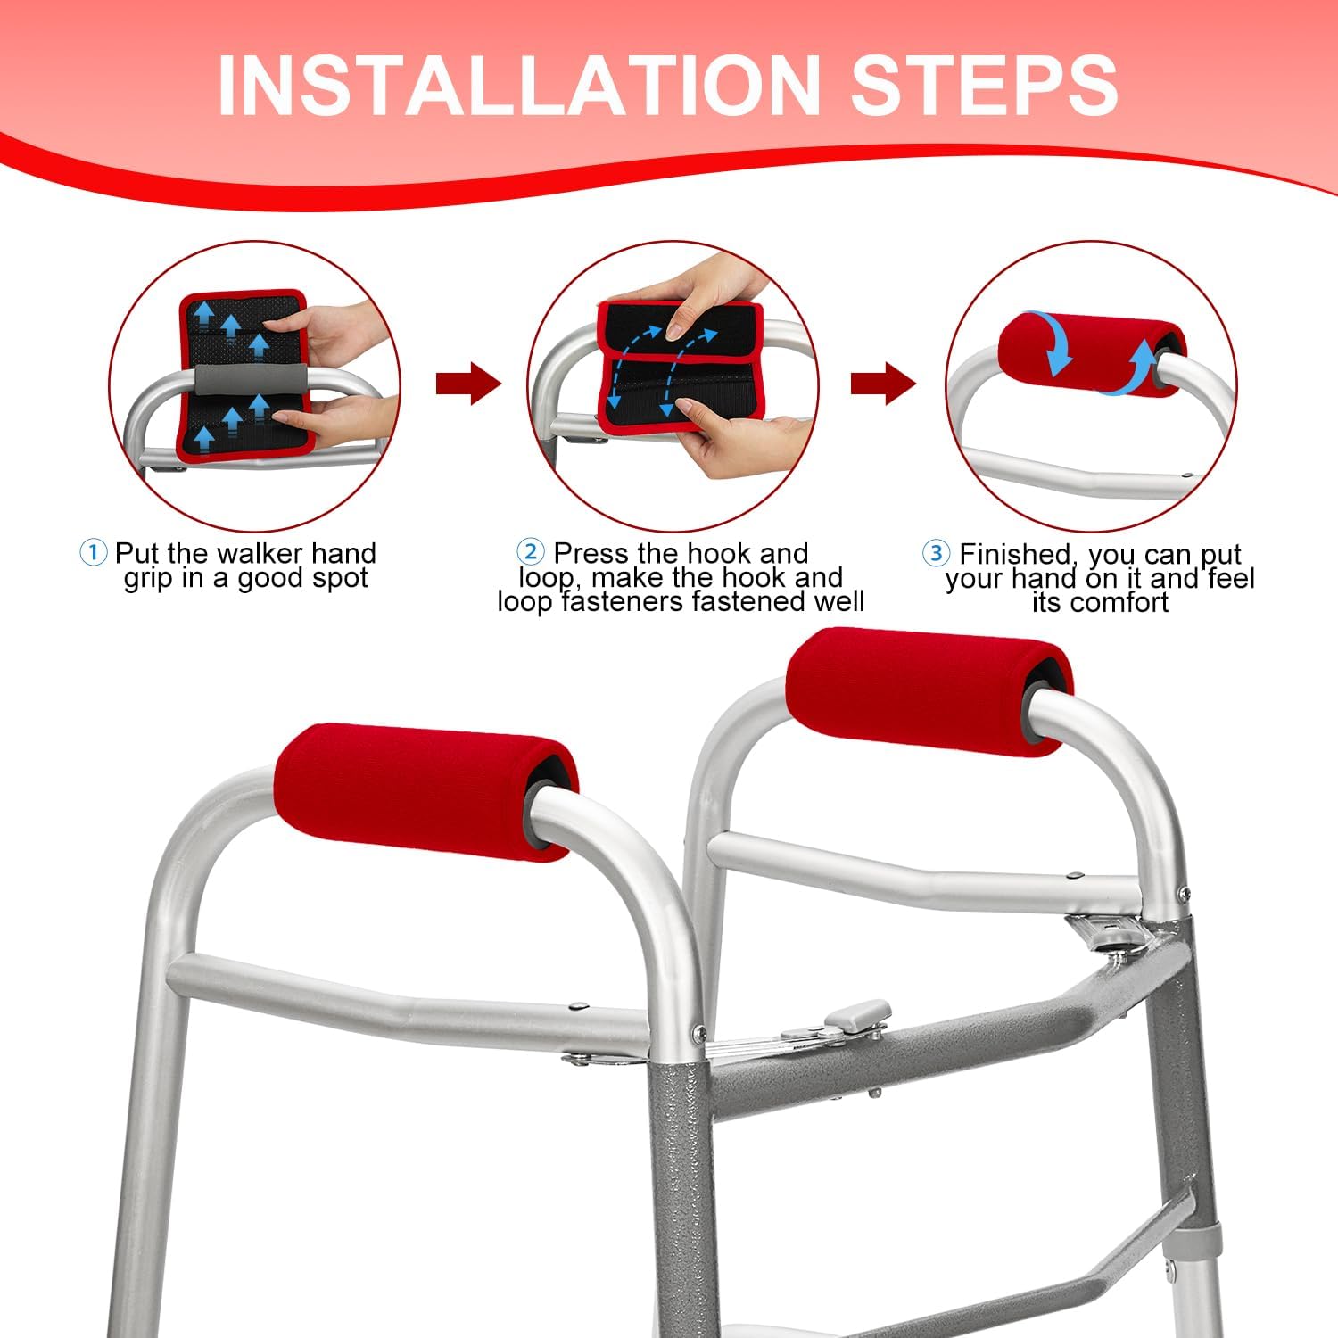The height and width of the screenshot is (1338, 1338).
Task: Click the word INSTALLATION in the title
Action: pyautogui.click(x=518, y=85)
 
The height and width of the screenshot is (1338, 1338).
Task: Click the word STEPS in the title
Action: pyautogui.click(x=984, y=85)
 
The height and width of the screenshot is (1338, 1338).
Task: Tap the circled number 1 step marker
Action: pyautogui.click(x=93, y=553)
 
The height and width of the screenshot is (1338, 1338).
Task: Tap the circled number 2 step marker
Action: pyautogui.click(x=531, y=552)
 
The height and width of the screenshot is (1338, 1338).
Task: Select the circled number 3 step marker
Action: pyautogui.click(x=936, y=553)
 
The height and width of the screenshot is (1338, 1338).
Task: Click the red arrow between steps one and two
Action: pyautogui.click(x=468, y=384)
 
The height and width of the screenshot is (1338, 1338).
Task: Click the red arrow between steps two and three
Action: pyautogui.click(x=883, y=384)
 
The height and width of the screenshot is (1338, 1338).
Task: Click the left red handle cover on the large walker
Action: pyautogui.click(x=425, y=791)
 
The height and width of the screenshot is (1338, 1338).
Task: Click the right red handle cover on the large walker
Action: pyautogui.click(x=929, y=691)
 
